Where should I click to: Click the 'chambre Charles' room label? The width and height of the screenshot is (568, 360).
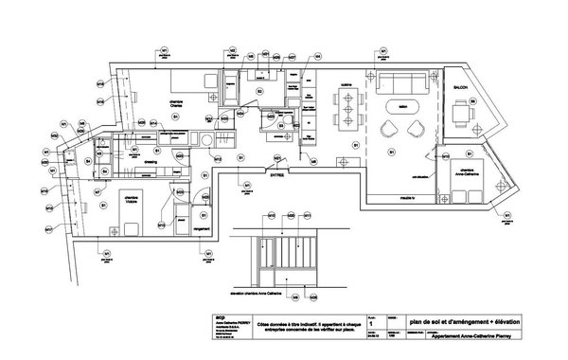click(176, 101)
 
